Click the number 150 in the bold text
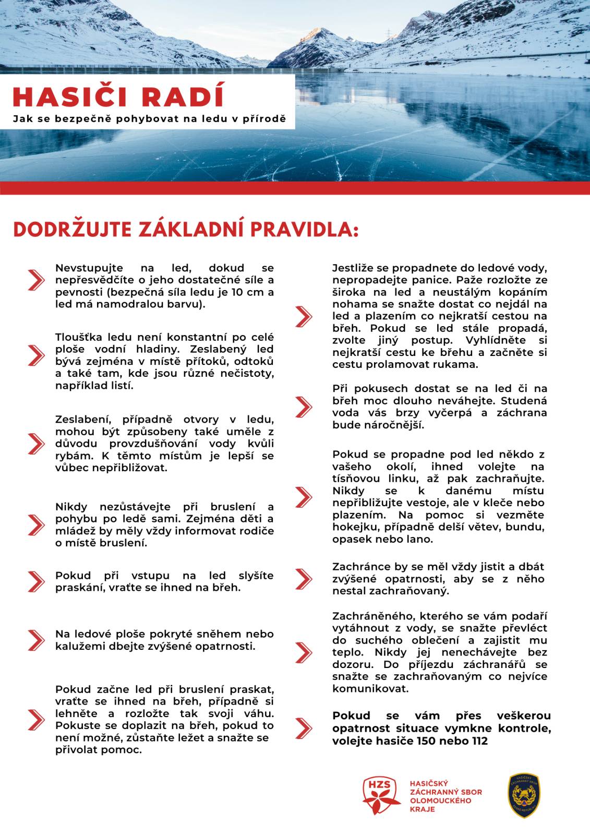pos(427,741)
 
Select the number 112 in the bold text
pos(477,741)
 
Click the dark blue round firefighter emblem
pos(524,795)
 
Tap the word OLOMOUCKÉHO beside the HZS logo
pos(440,800)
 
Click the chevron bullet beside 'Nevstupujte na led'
pos(36,280)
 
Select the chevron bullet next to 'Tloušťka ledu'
pos(36,355)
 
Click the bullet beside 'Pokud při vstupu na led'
pos(36,581)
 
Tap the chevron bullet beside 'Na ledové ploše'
pos(36,640)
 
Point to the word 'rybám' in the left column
pos(70,456)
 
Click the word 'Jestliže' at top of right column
pos(352,268)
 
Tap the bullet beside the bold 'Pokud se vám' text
pos(304,727)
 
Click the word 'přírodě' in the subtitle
pos(269,118)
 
